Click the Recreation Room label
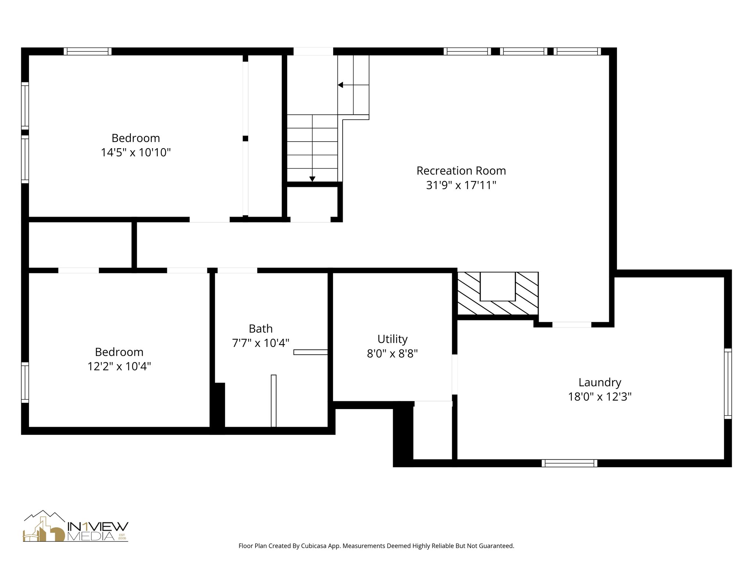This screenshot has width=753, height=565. (x=461, y=171)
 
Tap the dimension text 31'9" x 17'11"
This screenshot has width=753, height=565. (x=461, y=185)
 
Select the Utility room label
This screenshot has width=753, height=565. (x=392, y=339)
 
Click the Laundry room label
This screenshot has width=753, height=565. (x=600, y=382)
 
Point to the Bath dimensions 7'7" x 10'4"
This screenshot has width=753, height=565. (x=261, y=343)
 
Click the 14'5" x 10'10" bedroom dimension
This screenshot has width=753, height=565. (x=136, y=152)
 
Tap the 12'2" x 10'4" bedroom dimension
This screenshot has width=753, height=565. (x=119, y=366)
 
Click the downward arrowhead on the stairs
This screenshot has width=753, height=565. (x=312, y=179)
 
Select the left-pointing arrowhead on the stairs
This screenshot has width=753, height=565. (x=340, y=85)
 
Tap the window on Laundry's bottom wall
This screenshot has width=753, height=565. (x=569, y=463)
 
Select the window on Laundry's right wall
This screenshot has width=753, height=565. (x=728, y=383)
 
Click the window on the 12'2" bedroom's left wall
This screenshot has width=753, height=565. (x=25, y=382)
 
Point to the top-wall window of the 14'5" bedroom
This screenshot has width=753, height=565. (x=88, y=51)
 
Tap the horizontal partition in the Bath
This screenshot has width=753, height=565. (x=311, y=352)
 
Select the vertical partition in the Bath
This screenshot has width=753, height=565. (x=274, y=401)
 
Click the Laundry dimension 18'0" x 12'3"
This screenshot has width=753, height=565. (x=600, y=397)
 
